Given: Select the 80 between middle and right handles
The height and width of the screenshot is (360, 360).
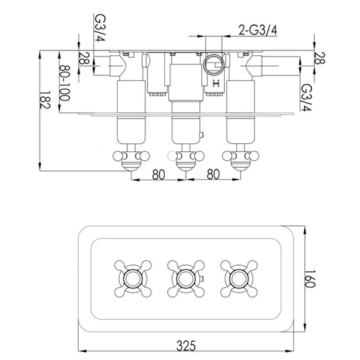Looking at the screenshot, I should coord(212,175).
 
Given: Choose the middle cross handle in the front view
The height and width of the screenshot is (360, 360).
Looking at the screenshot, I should coord(182,277).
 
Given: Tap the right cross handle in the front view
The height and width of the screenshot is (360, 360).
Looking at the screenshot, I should coord(238,277).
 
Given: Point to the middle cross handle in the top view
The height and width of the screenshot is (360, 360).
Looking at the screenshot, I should coord(182,159).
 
